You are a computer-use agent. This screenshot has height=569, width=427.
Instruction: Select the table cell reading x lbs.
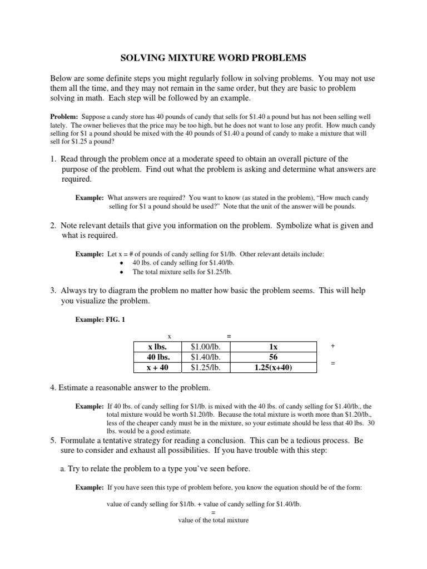pos(157,346)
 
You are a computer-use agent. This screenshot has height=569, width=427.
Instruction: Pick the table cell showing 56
pos(273,357)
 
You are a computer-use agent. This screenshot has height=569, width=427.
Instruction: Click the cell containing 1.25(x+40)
pos(273,367)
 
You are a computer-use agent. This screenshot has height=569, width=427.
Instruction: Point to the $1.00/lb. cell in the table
pos(205,346)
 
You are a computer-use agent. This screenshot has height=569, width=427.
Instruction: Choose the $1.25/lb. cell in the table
pos(205,367)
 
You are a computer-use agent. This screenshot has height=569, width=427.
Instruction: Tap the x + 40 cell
pos(157,367)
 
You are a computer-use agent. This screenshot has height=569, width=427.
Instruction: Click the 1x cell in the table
pos(273,346)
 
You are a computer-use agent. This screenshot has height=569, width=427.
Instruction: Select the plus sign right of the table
pos(332,346)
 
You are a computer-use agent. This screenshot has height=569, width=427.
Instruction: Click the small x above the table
pos(170,336)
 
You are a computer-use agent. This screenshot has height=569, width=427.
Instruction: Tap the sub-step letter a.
pos(63,468)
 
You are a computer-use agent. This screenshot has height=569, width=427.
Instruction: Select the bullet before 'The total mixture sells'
pos(121,272)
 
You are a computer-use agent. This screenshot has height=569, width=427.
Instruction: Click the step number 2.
pos(53,226)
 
